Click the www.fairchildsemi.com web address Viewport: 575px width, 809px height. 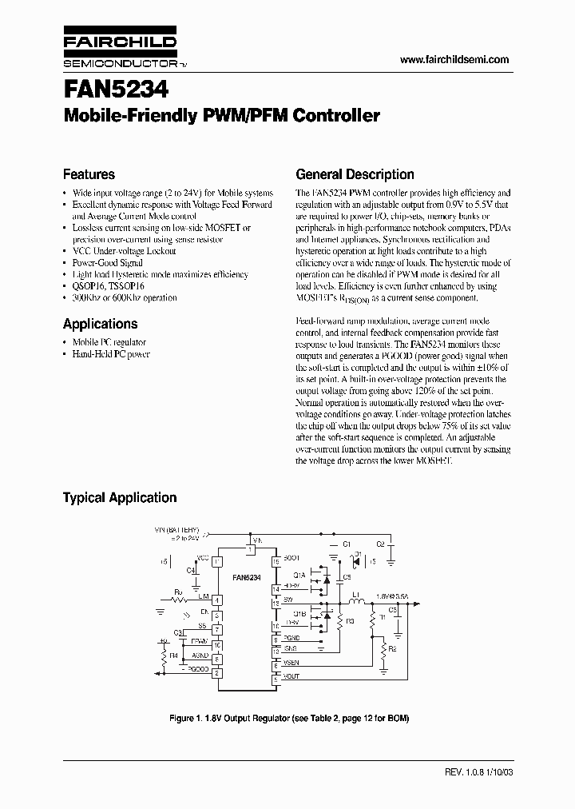pyautogui.click(x=453, y=60)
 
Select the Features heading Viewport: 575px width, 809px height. pyautogui.click(x=89, y=174)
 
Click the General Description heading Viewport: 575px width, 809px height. pyautogui.click(x=355, y=174)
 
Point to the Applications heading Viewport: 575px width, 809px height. pyautogui.click(x=100, y=324)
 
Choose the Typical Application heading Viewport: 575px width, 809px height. pyautogui.click(x=120, y=497)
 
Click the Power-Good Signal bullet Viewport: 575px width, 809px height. pyautogui.click(x=107, y=262)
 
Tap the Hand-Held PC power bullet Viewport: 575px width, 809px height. pyautogui.click(x=111, y=354)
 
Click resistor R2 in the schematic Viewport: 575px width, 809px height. pyautogui.click(x=384, y=650)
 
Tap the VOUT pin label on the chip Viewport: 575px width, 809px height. pyautogui.click(x=291, y=676)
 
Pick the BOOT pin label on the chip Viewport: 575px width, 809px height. pyautogui.click(x=291, y=556)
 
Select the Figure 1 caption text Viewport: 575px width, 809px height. pyautogui.click(x=289, y=718)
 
